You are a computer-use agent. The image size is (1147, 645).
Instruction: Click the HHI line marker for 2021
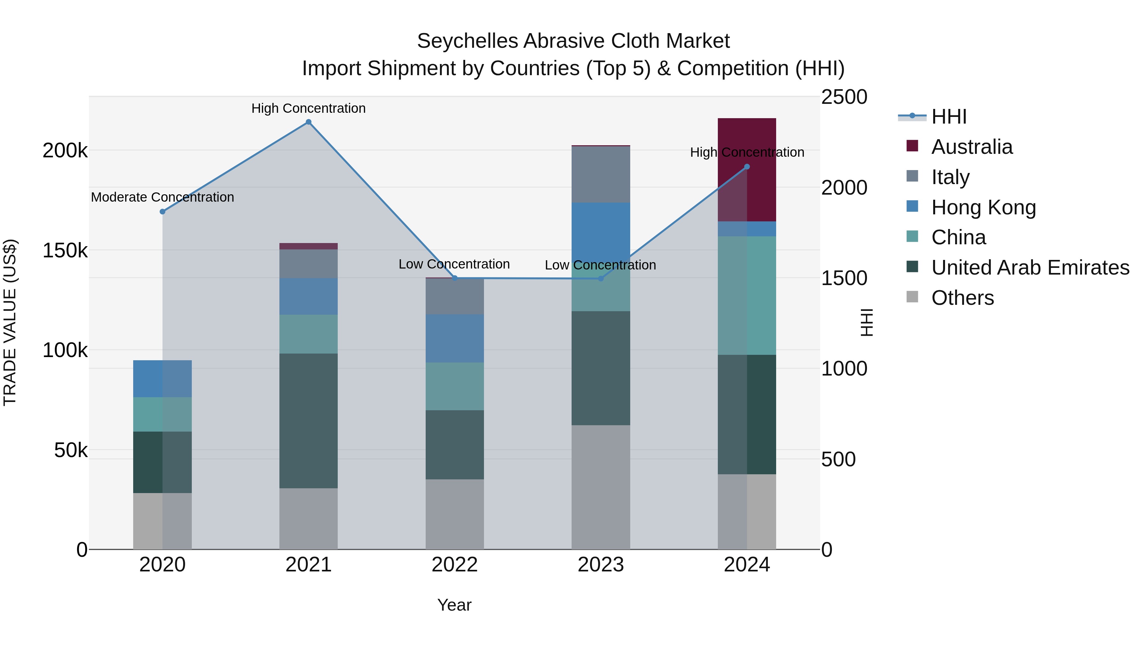coord(308,122)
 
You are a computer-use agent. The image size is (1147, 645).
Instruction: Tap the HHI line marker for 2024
coord(747,167)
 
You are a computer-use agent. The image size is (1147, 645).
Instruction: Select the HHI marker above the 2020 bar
coord(162,211)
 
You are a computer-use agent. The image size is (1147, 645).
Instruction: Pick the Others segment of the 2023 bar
coord(601,487)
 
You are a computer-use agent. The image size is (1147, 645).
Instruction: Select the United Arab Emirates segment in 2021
coord(308,421)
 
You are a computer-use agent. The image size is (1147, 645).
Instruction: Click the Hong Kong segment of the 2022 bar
coord(455,338)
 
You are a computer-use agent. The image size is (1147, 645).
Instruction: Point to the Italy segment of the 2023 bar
coord(601,175)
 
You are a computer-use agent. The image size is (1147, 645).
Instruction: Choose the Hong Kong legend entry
coord(983,207)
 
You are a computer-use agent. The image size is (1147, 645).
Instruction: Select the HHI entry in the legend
coord(949,117)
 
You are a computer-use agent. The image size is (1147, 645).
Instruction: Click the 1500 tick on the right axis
coord(844,278)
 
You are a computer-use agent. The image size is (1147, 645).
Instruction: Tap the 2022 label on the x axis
coord(455,565)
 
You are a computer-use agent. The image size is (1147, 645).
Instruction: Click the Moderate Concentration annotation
coord(162,197)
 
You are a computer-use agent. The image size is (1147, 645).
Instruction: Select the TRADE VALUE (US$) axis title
coord(10,322)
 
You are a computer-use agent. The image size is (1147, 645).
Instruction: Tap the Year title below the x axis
coord(454,605)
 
